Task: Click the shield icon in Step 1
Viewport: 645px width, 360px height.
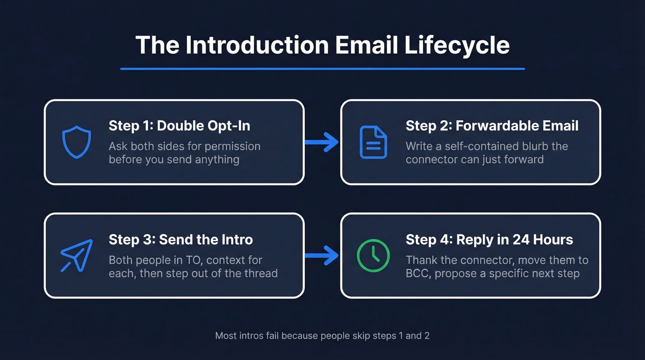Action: (76, 142)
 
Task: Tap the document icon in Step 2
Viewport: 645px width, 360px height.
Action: (373, 142)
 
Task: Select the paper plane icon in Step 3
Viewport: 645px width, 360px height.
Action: (76, 255)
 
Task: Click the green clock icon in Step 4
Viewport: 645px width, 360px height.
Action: (373, 255)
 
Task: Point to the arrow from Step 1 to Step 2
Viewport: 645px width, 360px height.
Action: (322, 142)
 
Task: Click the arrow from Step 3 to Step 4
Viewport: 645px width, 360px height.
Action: (322, 255)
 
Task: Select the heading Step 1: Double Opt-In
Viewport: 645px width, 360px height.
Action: (179, 126)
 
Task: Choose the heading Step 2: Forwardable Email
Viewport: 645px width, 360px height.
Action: (492, 126)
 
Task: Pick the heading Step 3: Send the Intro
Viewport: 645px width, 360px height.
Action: (181, 240)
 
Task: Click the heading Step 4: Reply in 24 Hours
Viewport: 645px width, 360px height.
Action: (489, 240)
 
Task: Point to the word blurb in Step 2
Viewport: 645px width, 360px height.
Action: (531, 146)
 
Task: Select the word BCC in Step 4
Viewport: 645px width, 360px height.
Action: (418, 273)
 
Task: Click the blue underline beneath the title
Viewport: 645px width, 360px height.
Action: (322, 69)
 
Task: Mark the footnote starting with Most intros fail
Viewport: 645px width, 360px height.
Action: (322, 336)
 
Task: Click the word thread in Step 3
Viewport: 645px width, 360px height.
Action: (260, 273)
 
